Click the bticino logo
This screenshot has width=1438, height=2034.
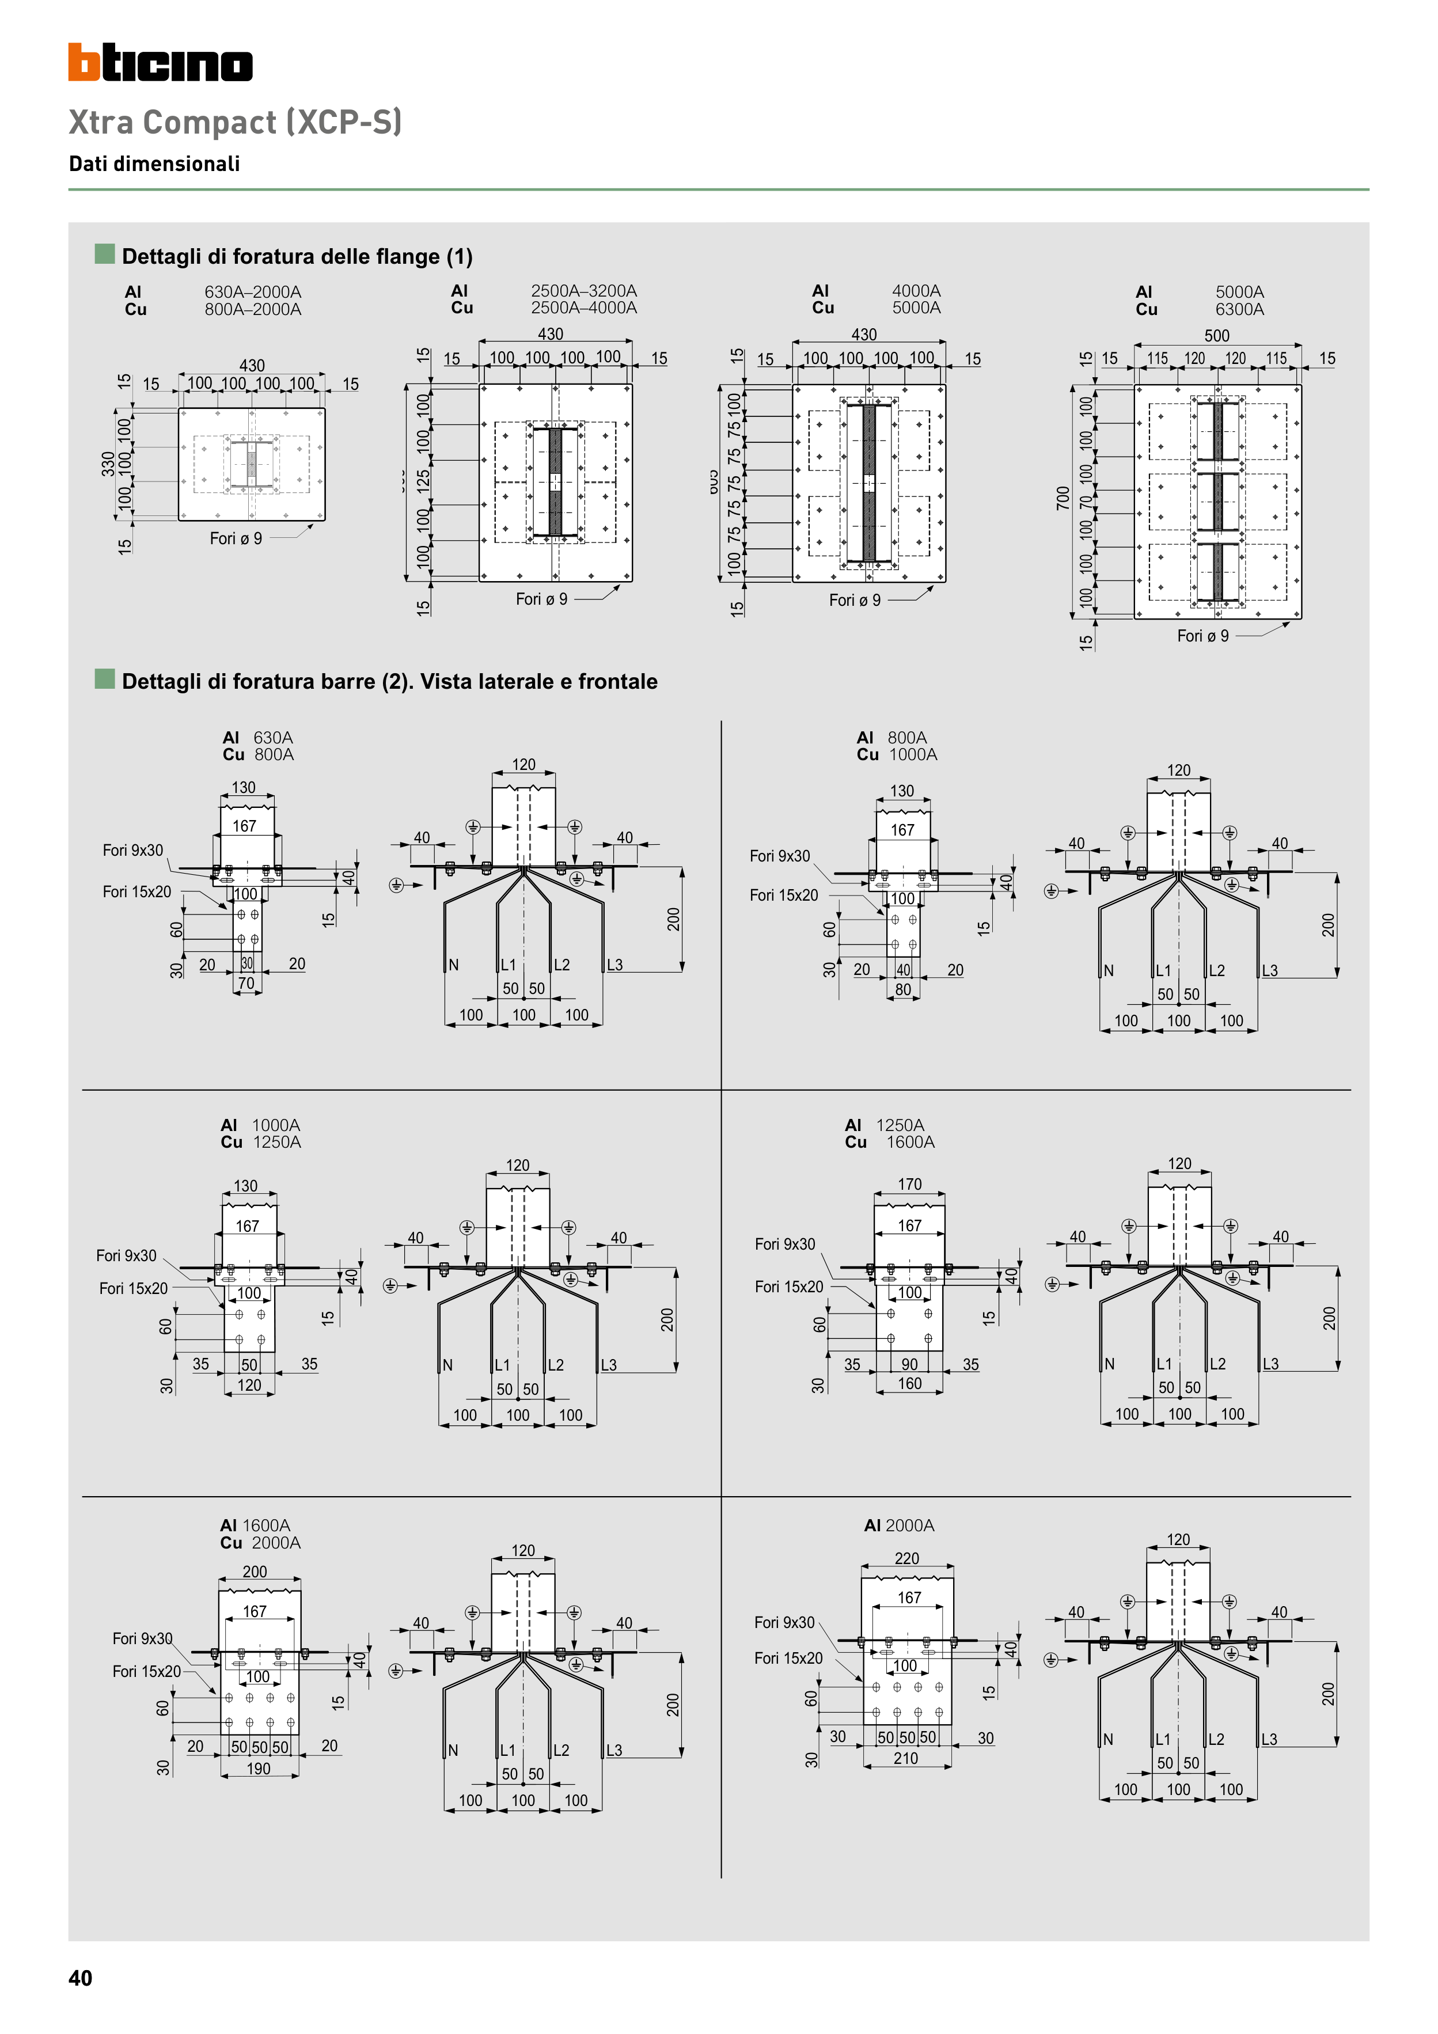[160, 63]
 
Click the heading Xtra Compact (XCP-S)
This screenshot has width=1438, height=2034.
[235, 122]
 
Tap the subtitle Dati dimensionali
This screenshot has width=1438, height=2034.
[154, 164]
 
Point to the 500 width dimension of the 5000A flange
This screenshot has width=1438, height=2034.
[1216, 336]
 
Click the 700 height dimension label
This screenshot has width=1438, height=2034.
[1063, 498]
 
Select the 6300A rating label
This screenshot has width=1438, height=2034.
[1239, 309]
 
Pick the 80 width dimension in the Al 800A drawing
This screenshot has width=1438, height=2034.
[903, 989]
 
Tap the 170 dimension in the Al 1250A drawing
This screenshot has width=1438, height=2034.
[909, 1185]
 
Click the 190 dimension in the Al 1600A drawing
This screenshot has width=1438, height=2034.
[258, 1769]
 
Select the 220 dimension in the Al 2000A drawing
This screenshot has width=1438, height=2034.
[906, 1558]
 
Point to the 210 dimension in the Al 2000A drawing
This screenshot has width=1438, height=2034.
[905, 1759]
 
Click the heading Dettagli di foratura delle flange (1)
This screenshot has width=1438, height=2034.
[297, 256]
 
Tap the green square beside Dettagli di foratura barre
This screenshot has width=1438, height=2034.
[105, 680]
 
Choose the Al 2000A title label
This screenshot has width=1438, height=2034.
[898, 1525]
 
